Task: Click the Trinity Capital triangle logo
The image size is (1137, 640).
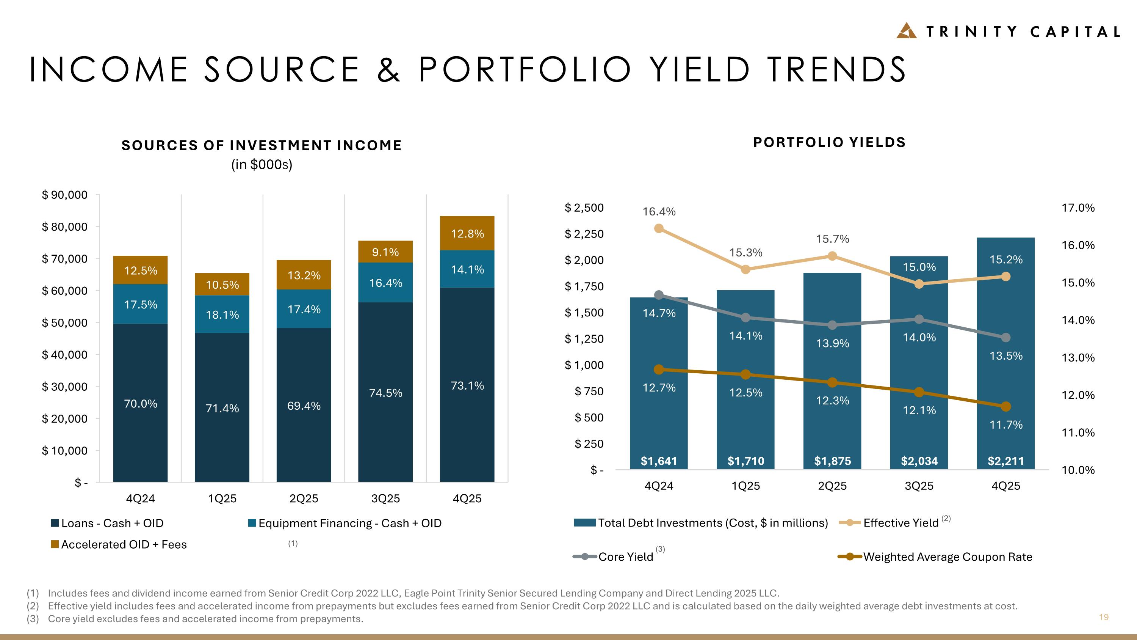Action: click(x=906, y=31)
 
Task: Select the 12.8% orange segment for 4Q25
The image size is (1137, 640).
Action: click(x=467, y=233)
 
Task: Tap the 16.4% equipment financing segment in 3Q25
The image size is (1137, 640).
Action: click(x=385, y=283)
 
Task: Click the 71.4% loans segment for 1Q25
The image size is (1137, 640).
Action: click(x=222, y=408)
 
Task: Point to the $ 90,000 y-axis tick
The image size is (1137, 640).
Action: click(x=64, y=195)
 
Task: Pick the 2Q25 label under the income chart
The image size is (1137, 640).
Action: click(x=304, y=498)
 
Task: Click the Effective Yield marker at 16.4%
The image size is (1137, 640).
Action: click(x=659, y=228)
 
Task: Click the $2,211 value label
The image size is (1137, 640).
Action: click(x=1006, y=461)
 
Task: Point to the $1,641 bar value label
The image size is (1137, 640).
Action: click(x=659, y=461)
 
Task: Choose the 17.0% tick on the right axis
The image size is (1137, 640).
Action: click(x=1078, y=208)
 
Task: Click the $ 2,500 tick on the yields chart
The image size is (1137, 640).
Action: click(x=584, y=208)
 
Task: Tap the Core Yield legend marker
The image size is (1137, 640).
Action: click(x=585, y=557)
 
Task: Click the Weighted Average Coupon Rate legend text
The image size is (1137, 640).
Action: click(x=947, y=557)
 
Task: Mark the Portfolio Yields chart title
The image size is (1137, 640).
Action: click(x=829, y=142)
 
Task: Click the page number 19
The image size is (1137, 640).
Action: click(x=1103, y=617)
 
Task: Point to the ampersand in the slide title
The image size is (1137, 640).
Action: click(x=388, y=69)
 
